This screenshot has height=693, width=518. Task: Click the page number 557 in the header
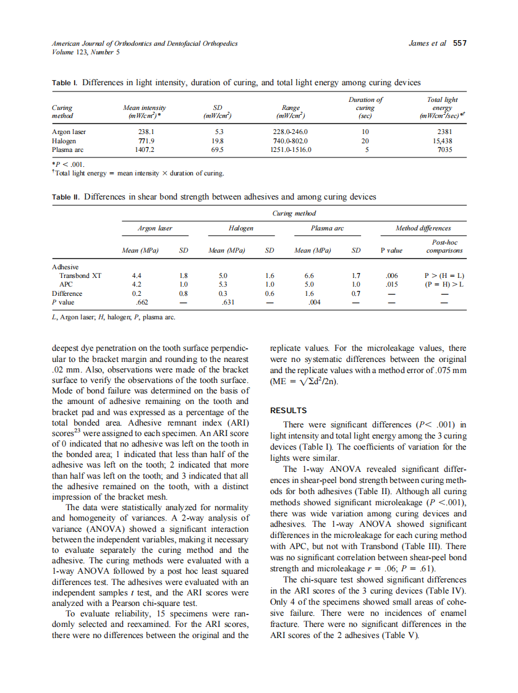point(459,43)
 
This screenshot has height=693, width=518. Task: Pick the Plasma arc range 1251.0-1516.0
point(290,149)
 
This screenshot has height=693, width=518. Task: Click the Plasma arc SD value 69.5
point(217,149)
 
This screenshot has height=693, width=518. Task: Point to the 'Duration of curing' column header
point(365,107)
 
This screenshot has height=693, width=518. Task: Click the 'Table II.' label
point(66,197)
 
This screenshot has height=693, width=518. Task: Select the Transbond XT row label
point(80,275)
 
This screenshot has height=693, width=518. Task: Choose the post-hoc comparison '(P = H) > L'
point(444,285)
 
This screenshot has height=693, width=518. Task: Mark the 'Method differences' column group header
point(423,229)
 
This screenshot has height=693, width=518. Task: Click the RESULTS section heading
point(289,410)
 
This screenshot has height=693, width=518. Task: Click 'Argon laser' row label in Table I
point(69,132)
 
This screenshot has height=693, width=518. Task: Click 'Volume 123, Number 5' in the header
point(85,52)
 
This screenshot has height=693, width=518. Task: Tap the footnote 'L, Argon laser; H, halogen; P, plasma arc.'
point(113,317)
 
